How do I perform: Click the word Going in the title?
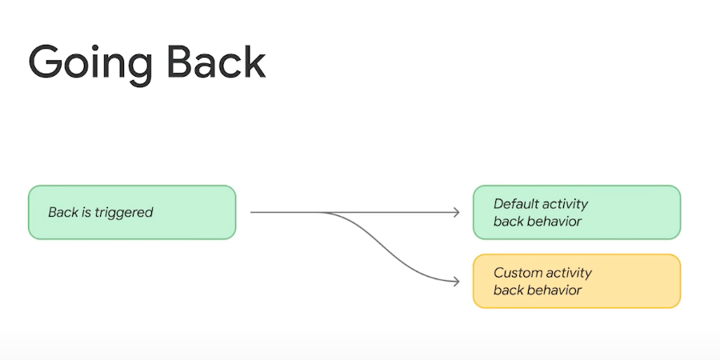[x=90, y=64]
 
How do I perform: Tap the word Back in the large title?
[x=216, y=61]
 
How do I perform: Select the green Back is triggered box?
[x=132, y=212]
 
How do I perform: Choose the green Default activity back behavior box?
[x=577, y=212]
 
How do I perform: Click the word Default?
[x=514, y=203]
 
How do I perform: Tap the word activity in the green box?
[x=564, y=204]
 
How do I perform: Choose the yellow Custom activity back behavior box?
[x=577, y=281]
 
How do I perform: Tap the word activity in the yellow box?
[x=567, y=274]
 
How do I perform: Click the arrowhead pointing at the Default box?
[x=456, y=212]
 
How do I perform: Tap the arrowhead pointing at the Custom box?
[x=456, y=281]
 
